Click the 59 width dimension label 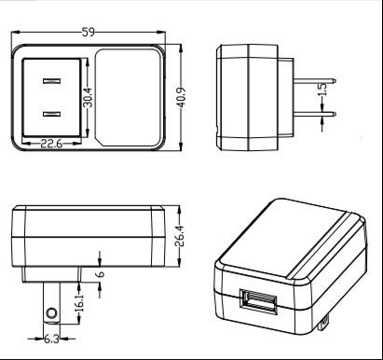tap(89, 33)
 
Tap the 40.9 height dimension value tap(181, 97)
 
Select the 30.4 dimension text tap(89, 97)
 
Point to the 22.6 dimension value tap(51, 144)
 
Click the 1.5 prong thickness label tap(323, 90)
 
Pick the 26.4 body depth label tap(180, 236)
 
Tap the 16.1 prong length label tap(79, 303)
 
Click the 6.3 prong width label tap(51, 339)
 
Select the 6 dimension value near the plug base tap(101, 274)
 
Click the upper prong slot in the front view tap(51, 81)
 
